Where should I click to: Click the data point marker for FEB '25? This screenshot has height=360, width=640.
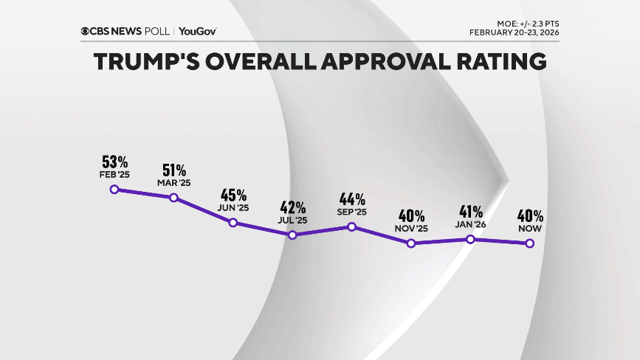(114, 190)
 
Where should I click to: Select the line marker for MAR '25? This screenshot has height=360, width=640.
(173, 198)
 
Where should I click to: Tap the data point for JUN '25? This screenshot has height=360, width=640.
(233, 223)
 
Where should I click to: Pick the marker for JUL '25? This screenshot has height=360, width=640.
(292, 235)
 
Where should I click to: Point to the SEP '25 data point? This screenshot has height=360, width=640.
(351, 226)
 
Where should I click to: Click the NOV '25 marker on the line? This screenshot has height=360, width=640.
(411, 243)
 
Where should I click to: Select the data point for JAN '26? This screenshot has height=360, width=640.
(470, 239)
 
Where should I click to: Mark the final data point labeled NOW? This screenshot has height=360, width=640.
(529, 243)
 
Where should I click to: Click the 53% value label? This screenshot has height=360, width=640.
(115, 162)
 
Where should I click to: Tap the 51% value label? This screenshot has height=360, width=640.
(174, 170)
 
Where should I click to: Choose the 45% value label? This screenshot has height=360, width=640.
(233, 195)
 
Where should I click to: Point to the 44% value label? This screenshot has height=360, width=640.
(352, 198)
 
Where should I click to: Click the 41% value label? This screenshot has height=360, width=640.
(470, 211)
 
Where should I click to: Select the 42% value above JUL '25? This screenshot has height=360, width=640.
(292, 207)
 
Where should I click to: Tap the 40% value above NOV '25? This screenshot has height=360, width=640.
(411, 215)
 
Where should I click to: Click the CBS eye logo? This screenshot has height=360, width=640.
(86, 31)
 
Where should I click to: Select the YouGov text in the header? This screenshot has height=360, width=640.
(198, 31)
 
